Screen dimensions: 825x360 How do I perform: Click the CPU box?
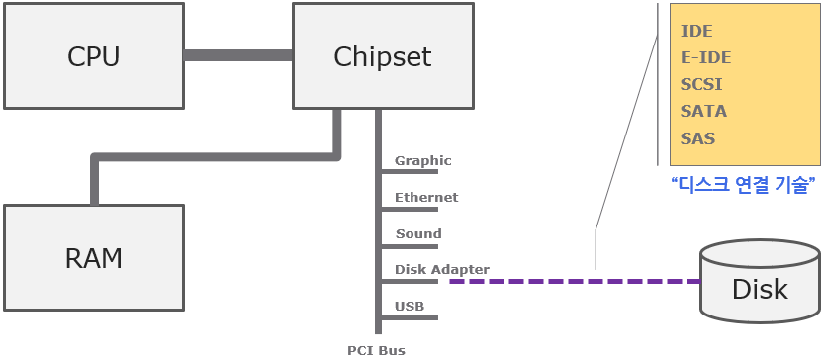coord(94,55)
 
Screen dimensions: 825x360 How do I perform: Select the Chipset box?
coord(383,55)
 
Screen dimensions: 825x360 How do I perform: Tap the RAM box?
coord(94,257)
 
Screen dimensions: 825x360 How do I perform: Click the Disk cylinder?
coord(761,282)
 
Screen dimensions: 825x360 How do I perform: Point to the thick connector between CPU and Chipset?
coord(238,55)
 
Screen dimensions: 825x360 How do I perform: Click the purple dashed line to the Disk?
coord(575,282)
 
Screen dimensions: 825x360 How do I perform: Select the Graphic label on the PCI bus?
coord(423,160)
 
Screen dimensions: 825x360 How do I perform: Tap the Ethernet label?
coord(426,198)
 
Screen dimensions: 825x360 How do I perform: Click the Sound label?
coord(418,233)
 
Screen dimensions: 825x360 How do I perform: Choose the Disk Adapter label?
coord(442,269)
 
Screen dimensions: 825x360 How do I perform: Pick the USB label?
coord(410,306)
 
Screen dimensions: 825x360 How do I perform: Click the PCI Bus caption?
coord(376,350)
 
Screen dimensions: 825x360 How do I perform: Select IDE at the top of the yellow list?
coord(696,31)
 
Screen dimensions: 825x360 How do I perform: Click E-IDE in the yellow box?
coord(705,57)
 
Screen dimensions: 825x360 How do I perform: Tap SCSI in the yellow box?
coord(700,84)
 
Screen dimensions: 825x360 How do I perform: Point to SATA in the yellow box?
coord(703,111)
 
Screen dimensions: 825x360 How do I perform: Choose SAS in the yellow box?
coord(697,138)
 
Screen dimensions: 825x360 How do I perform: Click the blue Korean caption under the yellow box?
coord(744,185)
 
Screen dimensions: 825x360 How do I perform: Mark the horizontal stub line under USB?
coord(410,317)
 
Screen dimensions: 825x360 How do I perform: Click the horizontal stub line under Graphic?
coord(410,171)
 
